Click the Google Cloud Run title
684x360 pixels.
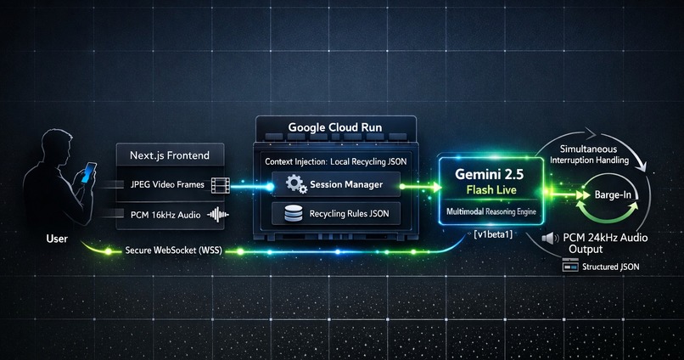(x=335, y=127)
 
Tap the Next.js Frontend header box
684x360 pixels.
(x=170, y=155)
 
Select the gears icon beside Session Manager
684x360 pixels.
(x=297, y=183)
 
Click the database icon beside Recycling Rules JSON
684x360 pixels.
(x=293, y=213)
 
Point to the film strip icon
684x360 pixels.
(x=221, y=185)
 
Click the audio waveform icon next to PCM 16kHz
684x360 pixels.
(x=218, y=214)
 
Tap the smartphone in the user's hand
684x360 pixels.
(x=89, y=172)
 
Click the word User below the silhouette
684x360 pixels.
(x=57, y=239)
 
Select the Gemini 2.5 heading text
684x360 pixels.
(x=489, y=174)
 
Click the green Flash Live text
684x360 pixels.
(x=491, y=190)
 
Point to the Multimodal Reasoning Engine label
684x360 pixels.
(x=491, y=211)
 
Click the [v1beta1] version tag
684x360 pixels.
(x=493, y=233)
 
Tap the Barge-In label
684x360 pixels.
(x=613, y=194)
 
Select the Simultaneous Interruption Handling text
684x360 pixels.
(x=589, y=155)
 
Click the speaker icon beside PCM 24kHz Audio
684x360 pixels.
(x=550, y=239)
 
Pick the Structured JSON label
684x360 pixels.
(x=611, y=267)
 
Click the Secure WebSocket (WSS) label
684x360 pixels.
(x=174, y=250)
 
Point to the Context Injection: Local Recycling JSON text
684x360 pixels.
(x=335, y=161)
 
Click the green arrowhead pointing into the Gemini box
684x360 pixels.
(x=436, y=187)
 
